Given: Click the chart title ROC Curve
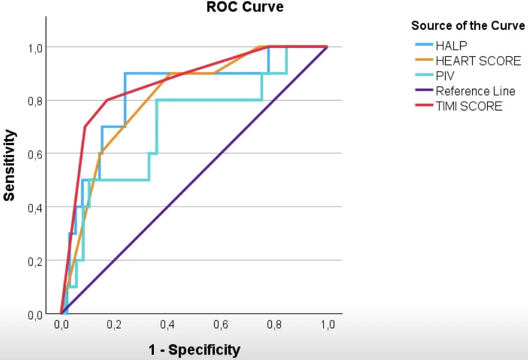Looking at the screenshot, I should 245,7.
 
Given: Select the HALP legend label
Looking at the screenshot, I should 452,46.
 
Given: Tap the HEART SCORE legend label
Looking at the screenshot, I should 478,61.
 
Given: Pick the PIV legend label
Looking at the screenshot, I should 445,76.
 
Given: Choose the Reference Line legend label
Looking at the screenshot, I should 475,91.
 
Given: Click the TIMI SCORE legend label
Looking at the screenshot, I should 469,107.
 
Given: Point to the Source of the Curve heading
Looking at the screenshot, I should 468,26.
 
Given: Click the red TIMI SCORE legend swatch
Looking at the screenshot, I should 424,107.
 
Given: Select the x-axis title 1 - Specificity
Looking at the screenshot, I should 195,349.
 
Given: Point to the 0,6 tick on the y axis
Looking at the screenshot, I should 36,154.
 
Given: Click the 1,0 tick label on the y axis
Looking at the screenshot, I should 36,47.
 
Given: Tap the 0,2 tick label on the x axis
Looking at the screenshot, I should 115,324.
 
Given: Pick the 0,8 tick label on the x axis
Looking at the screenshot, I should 274,324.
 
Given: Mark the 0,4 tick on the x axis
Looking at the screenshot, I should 168,324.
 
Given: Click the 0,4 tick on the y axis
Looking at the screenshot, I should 36,207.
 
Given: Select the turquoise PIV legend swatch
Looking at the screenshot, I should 424,76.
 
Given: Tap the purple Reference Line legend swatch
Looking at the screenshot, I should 424,91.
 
